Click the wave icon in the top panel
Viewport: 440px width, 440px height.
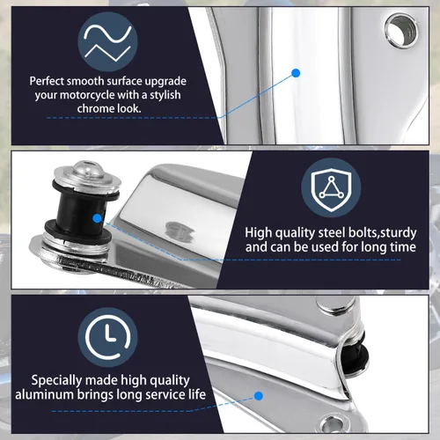pyautogui.click(x=107, y=42)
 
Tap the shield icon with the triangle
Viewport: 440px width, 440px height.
pyautogui.click(x=331, y=187)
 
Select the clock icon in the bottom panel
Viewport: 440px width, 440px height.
pyautogui.click(x=107, y=337)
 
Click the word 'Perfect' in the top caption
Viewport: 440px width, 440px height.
pyautogui.click(x=47, y=81)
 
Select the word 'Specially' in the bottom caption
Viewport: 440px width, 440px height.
pyautogui.click(x=55, y=380)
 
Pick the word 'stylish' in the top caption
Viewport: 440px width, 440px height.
pyautogui.click(x=165, y=95)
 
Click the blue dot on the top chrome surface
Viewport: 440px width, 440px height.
pyautogui.click(x=296, y=73)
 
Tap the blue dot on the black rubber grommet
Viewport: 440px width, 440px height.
pyautogui.click(x=97, y=218)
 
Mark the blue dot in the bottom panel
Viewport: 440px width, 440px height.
pyautogui.click(x=259, y=396)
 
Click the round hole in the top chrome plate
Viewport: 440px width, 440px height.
pyautogui.click(x=401, y=31)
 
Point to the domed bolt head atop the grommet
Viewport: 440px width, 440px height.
pyautogui.click(x=84, y=168)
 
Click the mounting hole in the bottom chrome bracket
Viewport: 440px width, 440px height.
pyautogui.click(x=334, y=423)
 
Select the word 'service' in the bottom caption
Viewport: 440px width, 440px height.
pyautogui.click(x=165, y=394)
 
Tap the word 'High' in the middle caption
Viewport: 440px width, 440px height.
pyautogui.click(x=259, y=233)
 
